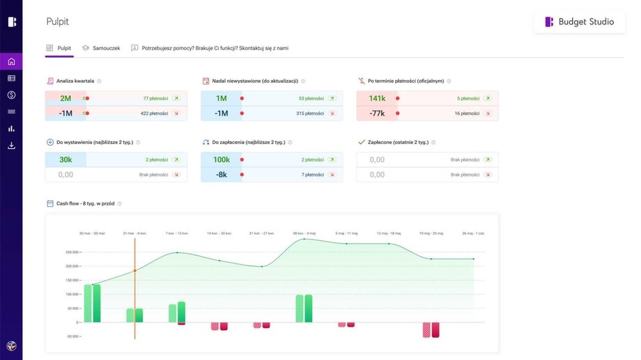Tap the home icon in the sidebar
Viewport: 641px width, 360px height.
point(11,61)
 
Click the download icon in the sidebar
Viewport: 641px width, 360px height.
point(11,146)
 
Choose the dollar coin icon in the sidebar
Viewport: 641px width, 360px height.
point(11,95)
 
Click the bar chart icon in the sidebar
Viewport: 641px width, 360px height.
point(11,129)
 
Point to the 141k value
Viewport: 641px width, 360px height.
point(377,98)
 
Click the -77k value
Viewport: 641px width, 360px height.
point(377,114)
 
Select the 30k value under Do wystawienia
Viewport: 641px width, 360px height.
point(65,159)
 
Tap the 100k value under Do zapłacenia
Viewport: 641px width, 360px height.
point(222,159)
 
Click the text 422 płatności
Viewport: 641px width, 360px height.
point(155,114)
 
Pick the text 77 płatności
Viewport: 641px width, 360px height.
point(155,98)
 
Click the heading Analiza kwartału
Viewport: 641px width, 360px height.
point(75,81)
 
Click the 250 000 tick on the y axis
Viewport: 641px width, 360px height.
point(70,252)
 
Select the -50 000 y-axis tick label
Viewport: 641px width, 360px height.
point(72,336)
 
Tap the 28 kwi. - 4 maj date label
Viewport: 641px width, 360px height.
point(304,233)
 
